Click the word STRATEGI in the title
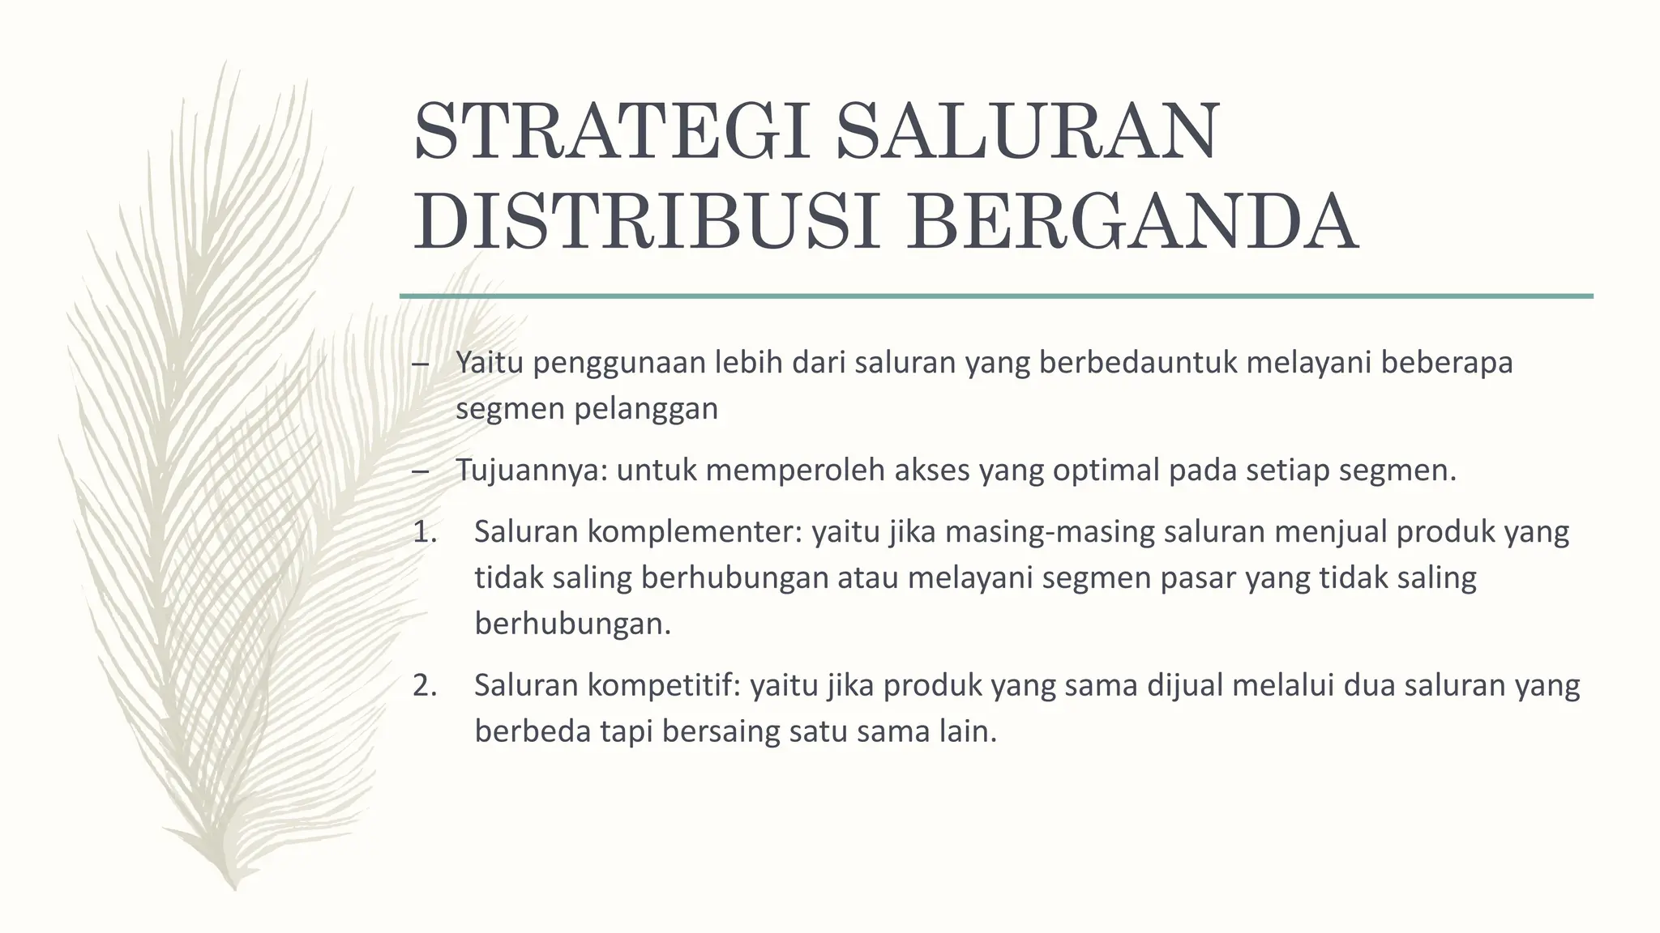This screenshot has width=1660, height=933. pyautogui.click(x=612, y=130)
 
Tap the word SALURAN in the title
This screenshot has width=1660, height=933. pyautogui.click(x=1027, y=130)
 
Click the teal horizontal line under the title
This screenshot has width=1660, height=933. pyautogui.click(x=996, y=296)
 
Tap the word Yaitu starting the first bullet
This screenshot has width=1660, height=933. pyautogui.click(x=489, y=363)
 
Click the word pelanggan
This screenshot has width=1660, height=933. pyautogui.click(x=646, y=409)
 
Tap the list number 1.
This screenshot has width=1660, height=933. pyautogui.click(x=424, y=532)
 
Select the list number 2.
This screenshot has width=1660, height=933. pyautogui.click(x=424, y=686)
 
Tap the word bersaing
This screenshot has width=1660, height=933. pyautogui.click(x=721, y=732)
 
